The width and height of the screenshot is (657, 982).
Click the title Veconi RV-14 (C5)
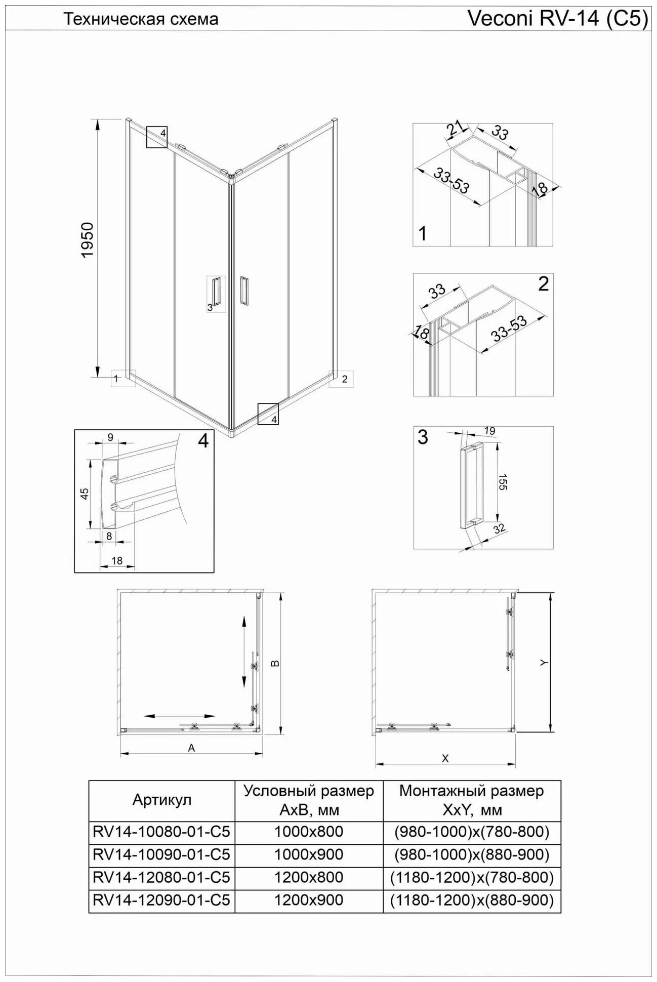point(557,19)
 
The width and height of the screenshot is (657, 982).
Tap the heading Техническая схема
point(141,19)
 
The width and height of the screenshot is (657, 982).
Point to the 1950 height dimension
point(88,240)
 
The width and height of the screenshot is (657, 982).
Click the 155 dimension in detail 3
point(502,481)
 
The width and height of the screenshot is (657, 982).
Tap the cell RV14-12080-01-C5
point(161,877)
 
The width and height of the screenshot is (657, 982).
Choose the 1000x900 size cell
point(308,854)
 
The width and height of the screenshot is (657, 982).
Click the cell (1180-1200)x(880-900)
point(472,900)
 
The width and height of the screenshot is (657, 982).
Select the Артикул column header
point(161,800)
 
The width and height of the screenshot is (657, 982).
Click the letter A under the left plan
point(191,748)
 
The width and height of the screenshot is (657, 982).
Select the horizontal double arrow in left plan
point(180,716)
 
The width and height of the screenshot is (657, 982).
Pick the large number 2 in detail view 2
point(543,284)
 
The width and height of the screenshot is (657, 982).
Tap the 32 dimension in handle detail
point(499,528)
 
